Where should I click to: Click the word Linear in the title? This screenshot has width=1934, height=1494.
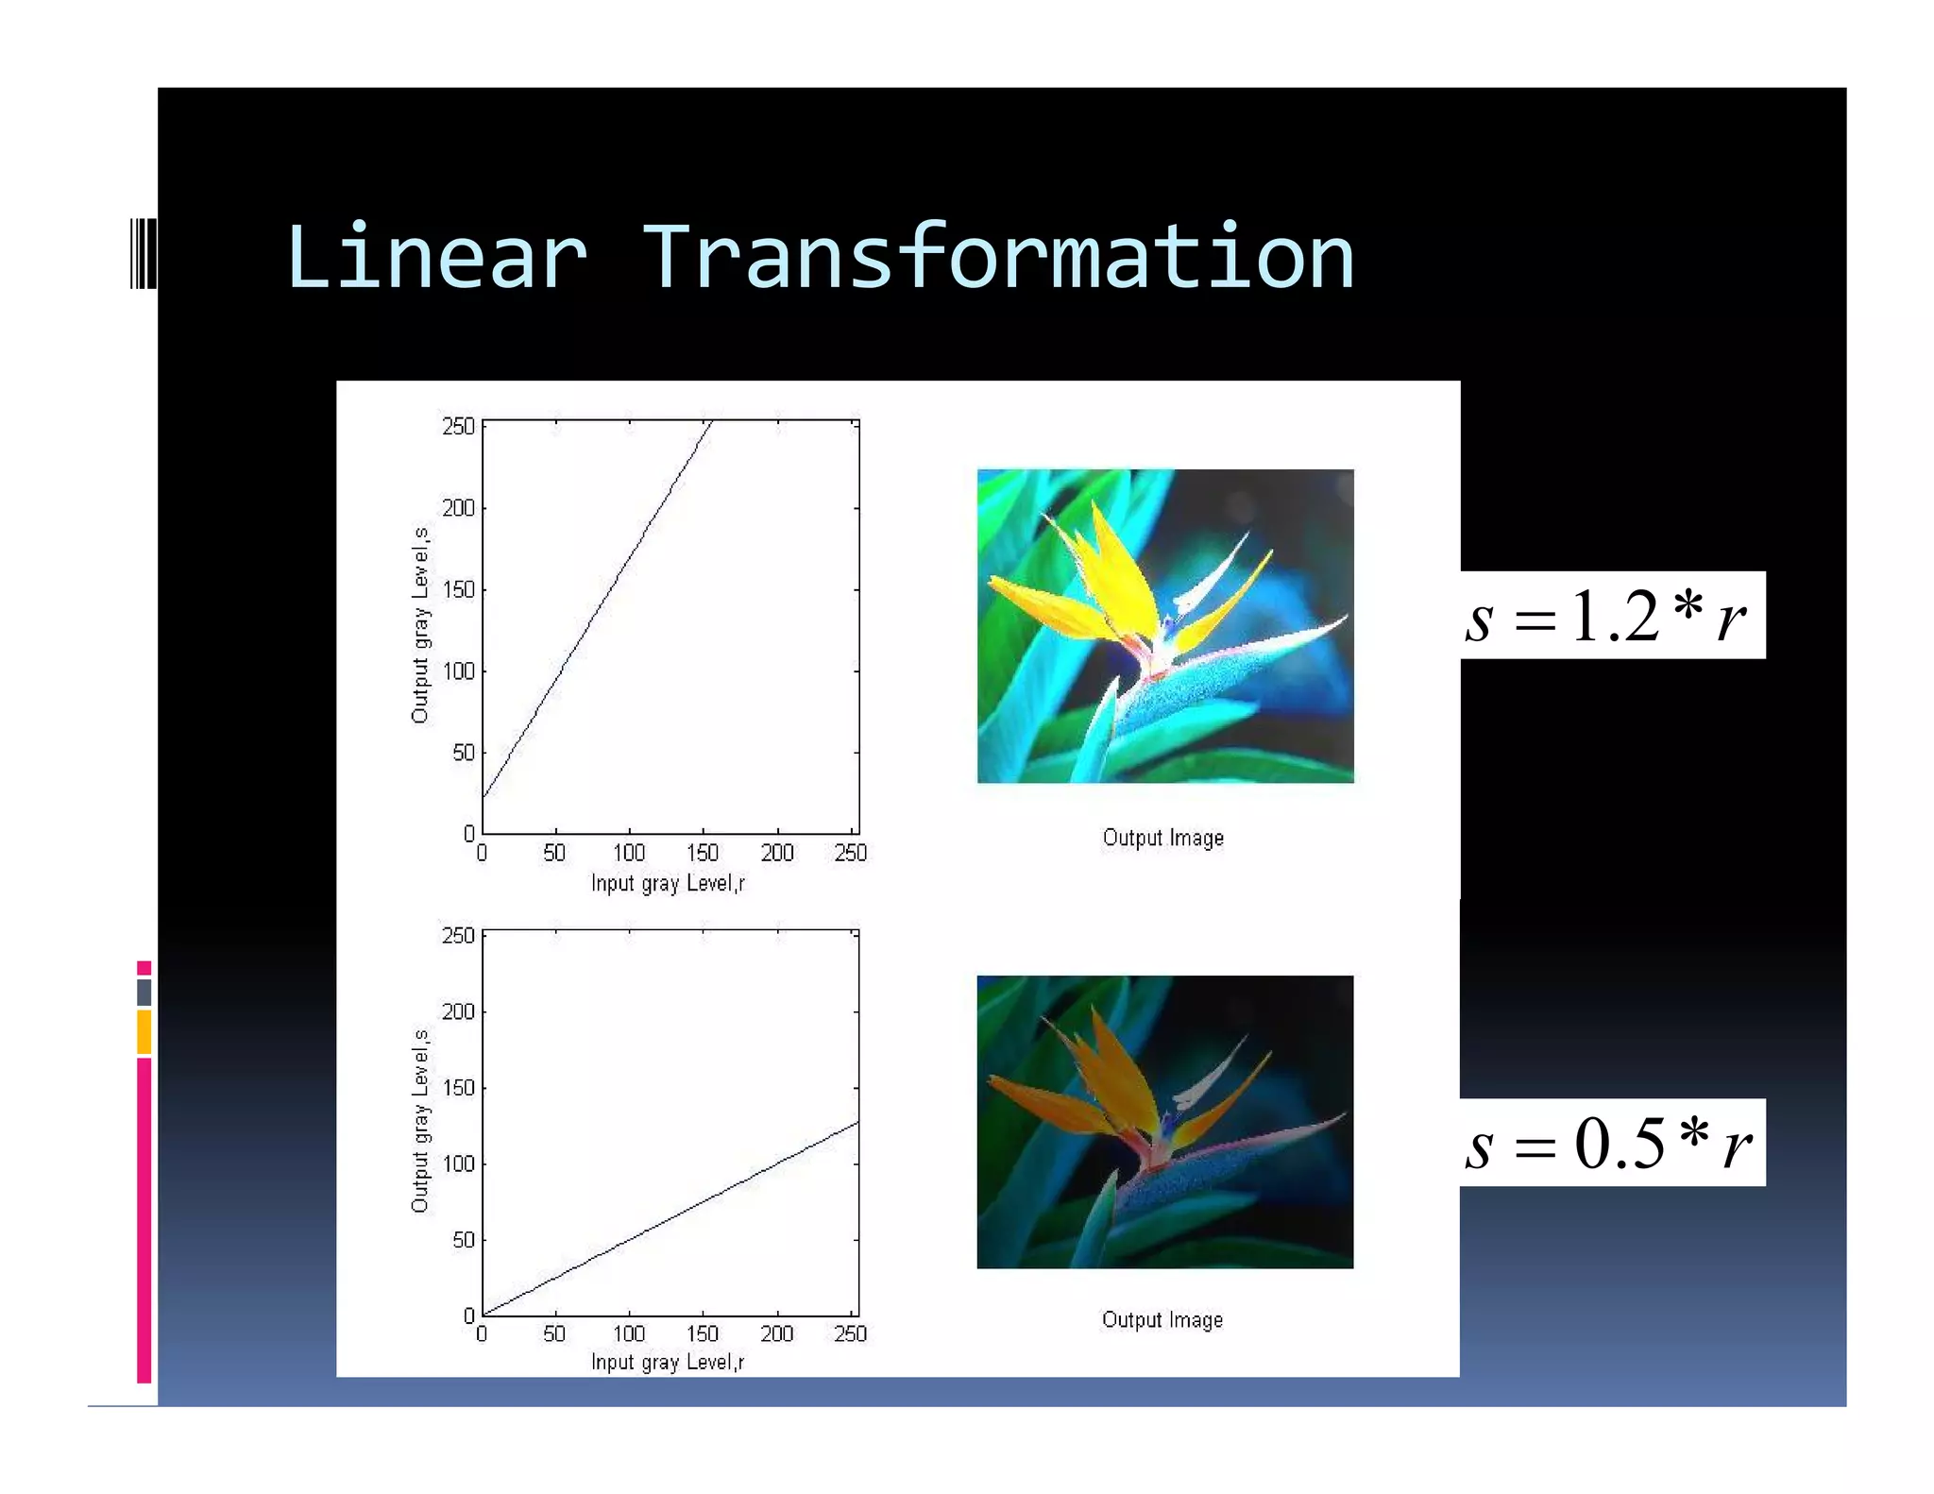click(436, 257)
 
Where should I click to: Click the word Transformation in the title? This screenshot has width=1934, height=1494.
click(998, 257)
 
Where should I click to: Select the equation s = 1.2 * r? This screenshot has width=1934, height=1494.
click(1608, 616)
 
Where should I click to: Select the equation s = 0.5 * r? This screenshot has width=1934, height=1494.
click(1608, 1143)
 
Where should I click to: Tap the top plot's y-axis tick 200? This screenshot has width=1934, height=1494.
click(458, 508)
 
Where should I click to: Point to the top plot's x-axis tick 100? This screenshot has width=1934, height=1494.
click(629, 853)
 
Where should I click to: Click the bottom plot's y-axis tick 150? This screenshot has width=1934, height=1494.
click(458, 1088)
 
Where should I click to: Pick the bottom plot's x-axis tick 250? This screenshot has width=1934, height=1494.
click(850, 1333)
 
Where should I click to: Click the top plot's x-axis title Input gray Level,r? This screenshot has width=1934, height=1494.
click(668, 883)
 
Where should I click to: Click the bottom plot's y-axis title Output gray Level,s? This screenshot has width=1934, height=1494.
click(420, 1120)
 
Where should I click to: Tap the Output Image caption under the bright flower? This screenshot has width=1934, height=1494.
click(1162, 838)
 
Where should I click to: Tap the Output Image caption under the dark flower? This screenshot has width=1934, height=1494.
click(1162, 1319)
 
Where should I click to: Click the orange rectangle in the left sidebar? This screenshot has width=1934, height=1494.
click(144, 1031)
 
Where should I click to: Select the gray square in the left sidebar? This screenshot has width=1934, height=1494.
click(144, 992)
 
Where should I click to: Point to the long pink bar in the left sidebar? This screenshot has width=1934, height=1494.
click(144, 1218)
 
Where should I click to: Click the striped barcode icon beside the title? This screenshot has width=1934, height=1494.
click(143, 253)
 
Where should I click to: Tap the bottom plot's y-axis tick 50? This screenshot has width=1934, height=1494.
click(463, 1240)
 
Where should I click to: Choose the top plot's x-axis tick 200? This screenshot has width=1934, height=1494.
click(776, 853)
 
